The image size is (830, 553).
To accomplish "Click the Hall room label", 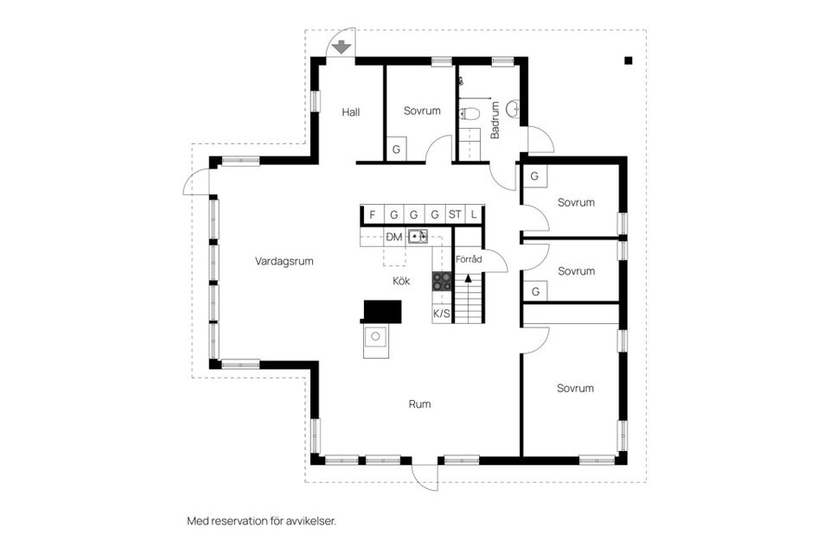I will [350, 112].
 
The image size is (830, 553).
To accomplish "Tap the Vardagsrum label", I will [284, 261].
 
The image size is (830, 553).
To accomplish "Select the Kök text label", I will [400, 281].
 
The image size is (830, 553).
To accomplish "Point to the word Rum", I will [419, 404].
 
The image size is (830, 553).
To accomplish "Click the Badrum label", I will [495, 121].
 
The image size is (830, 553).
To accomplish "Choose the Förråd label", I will [469, 258].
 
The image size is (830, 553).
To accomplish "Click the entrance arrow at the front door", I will [342, 46].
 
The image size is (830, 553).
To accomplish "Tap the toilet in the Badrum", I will [469, 113].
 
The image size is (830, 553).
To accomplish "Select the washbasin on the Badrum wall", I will [514, 109].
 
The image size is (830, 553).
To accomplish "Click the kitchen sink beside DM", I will [418, 236].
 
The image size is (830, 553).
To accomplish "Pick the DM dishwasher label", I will [394, 237].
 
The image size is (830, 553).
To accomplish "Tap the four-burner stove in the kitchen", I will [442, 280].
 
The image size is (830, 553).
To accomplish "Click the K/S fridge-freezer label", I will [441, 314].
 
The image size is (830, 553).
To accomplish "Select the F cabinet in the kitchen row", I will [372, 214].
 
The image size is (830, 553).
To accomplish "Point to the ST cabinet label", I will [455, 214].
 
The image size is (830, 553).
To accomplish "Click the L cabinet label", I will [474, 214].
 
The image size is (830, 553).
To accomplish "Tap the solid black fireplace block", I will [382, 310].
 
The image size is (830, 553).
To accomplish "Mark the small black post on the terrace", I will [628, 60].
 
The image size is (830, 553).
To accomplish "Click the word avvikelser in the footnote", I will [309, 521].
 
